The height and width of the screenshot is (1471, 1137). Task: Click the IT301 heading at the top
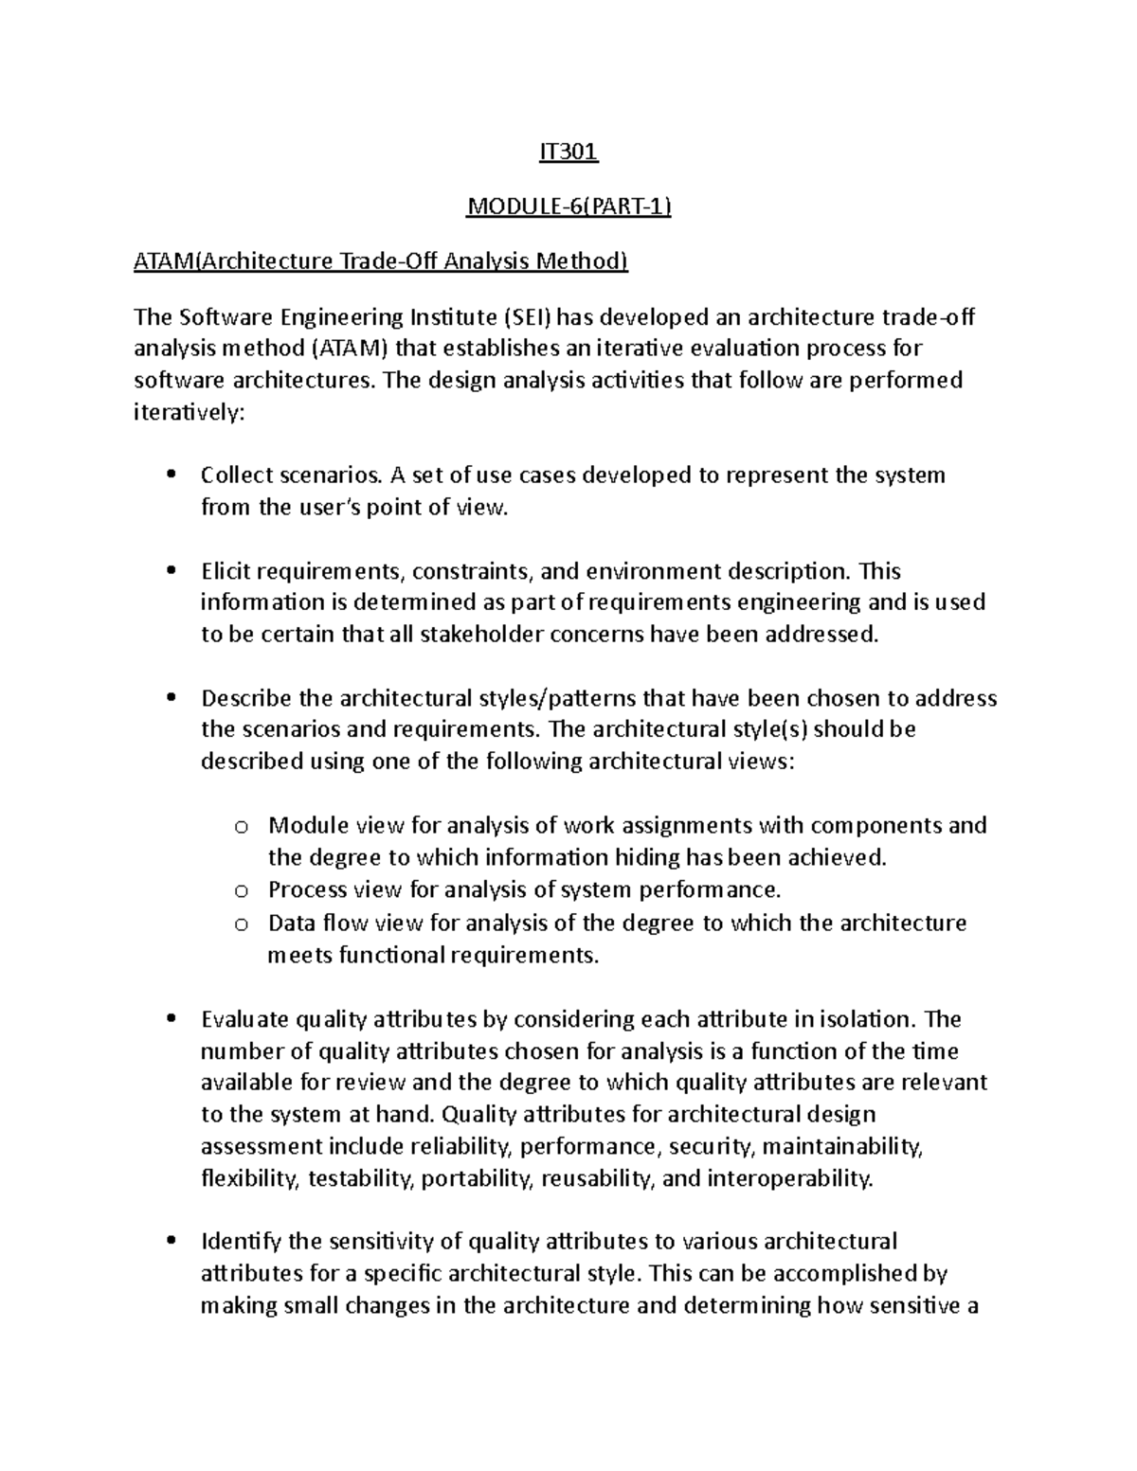568,152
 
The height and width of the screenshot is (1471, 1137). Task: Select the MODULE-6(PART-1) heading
568,206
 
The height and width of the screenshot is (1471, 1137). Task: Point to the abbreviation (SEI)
532,316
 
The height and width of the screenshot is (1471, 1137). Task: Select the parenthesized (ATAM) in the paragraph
350,349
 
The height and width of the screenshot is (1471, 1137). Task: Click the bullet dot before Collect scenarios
171,475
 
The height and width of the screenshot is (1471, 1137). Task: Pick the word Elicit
226,571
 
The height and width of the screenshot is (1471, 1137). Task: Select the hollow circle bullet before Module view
242,828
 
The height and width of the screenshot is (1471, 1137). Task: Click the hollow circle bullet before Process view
242,891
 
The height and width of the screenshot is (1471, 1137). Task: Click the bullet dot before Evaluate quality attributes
171,1020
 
